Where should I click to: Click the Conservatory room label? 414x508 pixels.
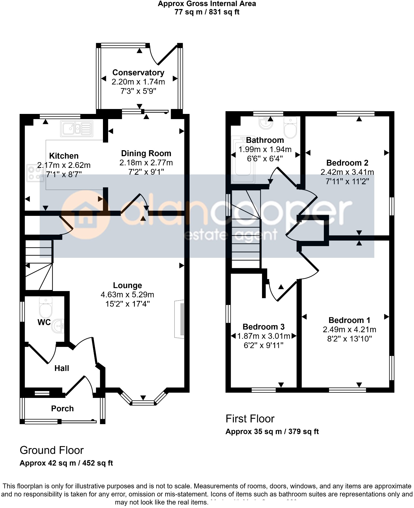[138, 72]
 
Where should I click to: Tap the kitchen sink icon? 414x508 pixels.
[77, 128]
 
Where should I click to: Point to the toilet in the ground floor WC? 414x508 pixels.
[45, 307]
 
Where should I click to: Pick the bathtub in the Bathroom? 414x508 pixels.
[243, 159]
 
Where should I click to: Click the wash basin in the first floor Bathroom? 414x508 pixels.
[266, 123]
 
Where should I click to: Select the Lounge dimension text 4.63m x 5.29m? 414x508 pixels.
[127, 295]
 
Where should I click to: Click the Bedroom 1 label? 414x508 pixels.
[349, 320]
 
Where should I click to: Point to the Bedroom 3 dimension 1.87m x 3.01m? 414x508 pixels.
[263, 336]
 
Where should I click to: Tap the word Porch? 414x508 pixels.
[62, 409]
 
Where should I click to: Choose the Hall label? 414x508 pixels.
[62, 368]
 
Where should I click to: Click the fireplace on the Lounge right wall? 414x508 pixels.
[180, 319]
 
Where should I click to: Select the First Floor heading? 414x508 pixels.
[250, 419]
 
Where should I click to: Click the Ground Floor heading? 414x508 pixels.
[51, 450]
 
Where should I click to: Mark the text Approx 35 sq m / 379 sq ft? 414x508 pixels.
[272, 432]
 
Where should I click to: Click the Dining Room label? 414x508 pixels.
[146, 153]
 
